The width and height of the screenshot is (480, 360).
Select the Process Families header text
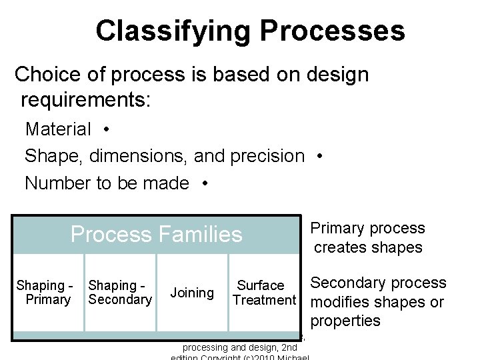(x=156, y=235)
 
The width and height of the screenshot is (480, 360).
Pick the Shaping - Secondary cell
(x=120, y=293)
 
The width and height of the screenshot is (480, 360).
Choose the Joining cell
(x=192, y=293)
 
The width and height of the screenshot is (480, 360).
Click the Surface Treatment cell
(x=263, y=293)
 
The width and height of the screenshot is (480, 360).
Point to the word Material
(x=58, y=129)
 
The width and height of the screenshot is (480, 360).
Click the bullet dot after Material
(x=107, y=129)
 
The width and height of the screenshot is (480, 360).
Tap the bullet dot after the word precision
(x=321, y=156)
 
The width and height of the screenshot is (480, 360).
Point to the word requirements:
(x=86, y=101)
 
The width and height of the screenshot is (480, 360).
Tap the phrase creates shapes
(x=368, y=248)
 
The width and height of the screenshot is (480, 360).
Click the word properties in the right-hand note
(x=345, y=321)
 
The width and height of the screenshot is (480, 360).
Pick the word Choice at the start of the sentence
(x=47, y=74)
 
